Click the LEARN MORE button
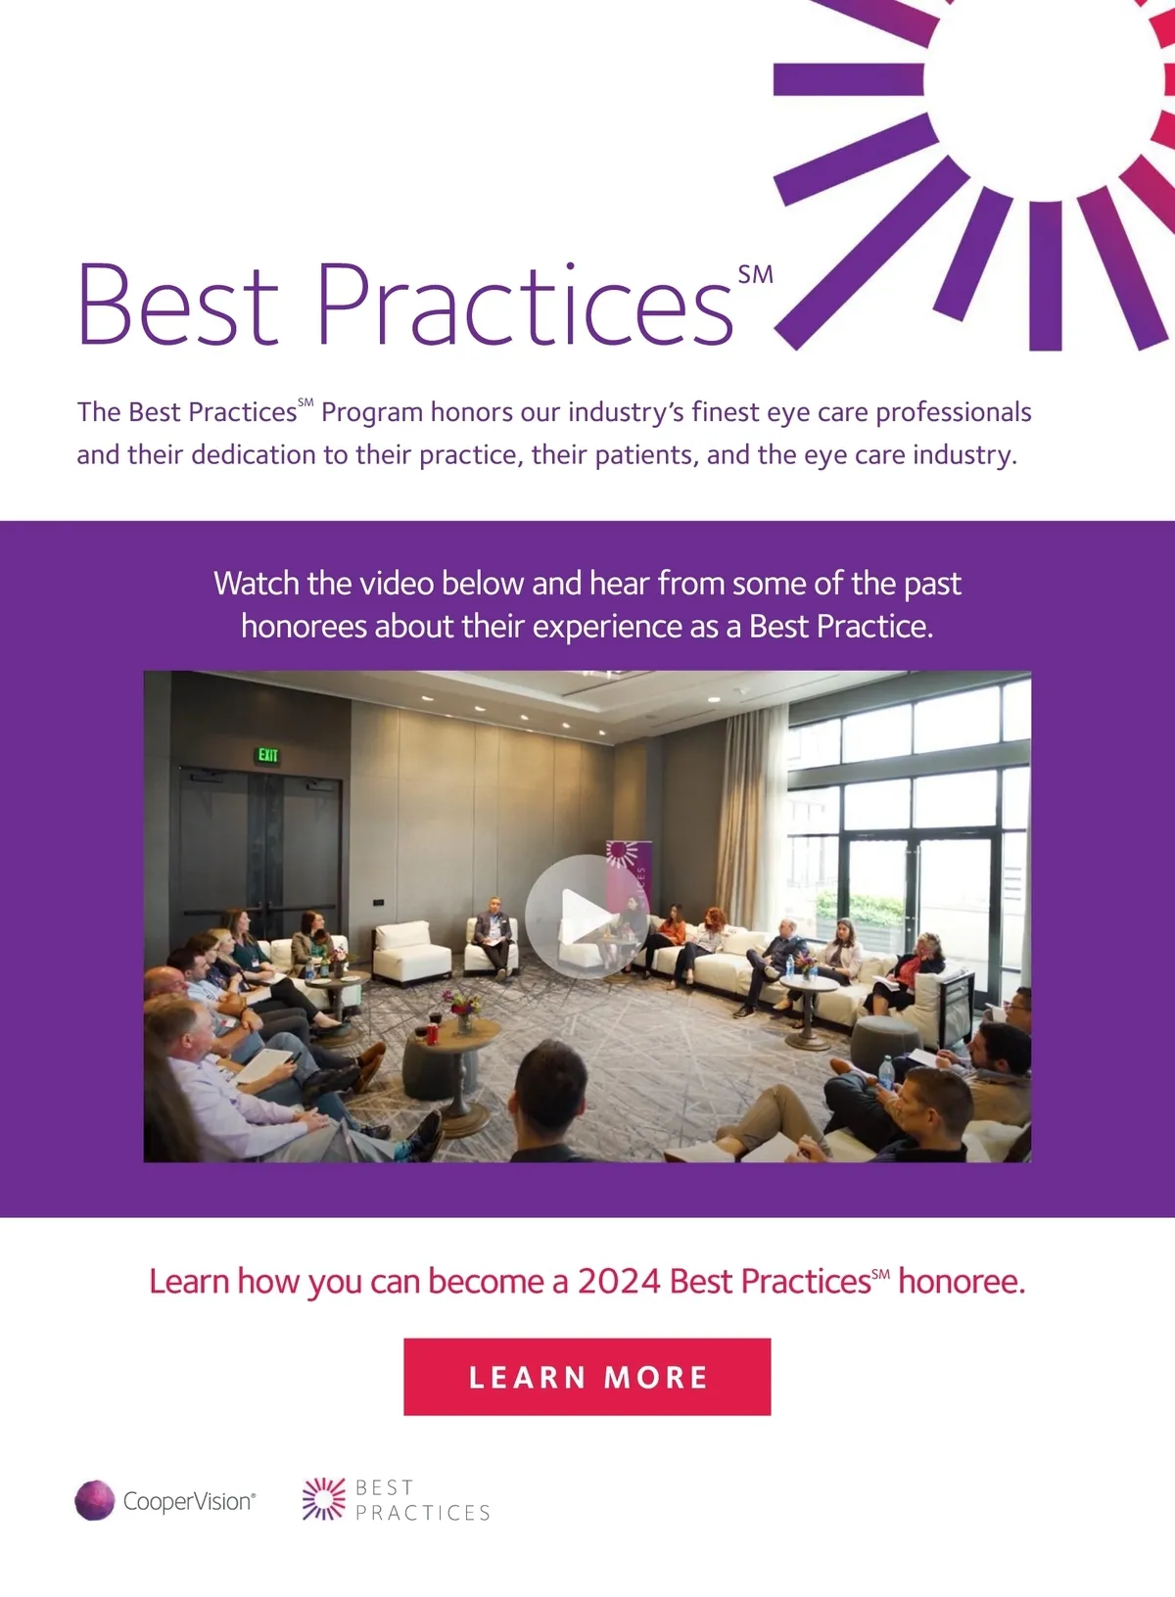point(587,1377)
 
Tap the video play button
point(587,916)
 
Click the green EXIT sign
point(267,755)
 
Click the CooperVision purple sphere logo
point(95,1500)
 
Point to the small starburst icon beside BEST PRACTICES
point(324,1499)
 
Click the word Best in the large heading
point(178,305)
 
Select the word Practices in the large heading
point(524,305)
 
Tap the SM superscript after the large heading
point(755,274)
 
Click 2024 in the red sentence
point(619,1281)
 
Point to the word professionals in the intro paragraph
point(954,413)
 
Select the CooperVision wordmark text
point(189,1501)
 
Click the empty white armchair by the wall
point(412,953)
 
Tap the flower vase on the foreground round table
point(462,1012)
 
